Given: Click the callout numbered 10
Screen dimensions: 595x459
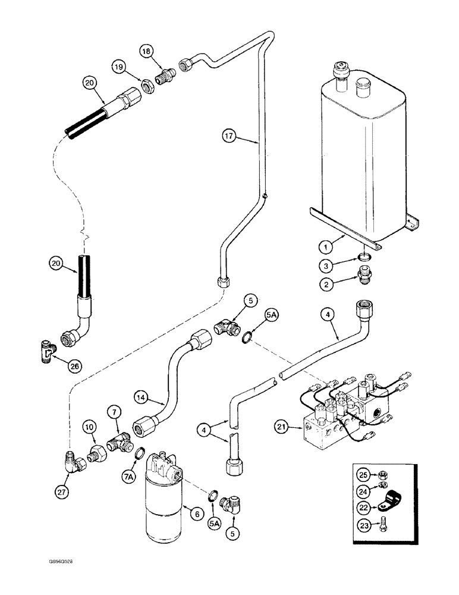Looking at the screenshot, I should point(89,427).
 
